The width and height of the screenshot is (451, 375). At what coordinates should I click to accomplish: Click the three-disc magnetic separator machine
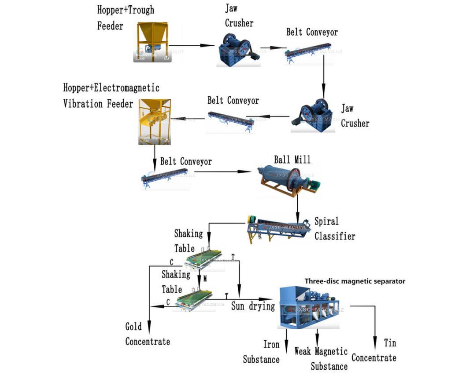[309, 306]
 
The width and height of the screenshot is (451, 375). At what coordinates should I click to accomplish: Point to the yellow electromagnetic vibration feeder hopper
[154, 121]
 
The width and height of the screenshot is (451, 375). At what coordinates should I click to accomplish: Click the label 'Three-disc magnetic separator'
[355, 281]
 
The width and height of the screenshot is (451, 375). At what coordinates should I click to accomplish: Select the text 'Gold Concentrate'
[147, 334]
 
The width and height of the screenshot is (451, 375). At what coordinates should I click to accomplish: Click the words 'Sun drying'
[253, 306]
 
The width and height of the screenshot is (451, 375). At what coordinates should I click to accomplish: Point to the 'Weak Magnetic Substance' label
[322, 359]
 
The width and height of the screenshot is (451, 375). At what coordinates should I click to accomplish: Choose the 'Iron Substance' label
[262, 352]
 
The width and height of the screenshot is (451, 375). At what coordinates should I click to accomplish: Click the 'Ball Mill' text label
[292, 160]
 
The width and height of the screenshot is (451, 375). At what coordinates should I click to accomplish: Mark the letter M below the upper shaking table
[205, 279]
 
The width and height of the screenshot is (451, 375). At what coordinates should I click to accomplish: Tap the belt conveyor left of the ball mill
[165, 177]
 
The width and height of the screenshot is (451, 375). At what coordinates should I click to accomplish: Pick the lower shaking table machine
[196, 300]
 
